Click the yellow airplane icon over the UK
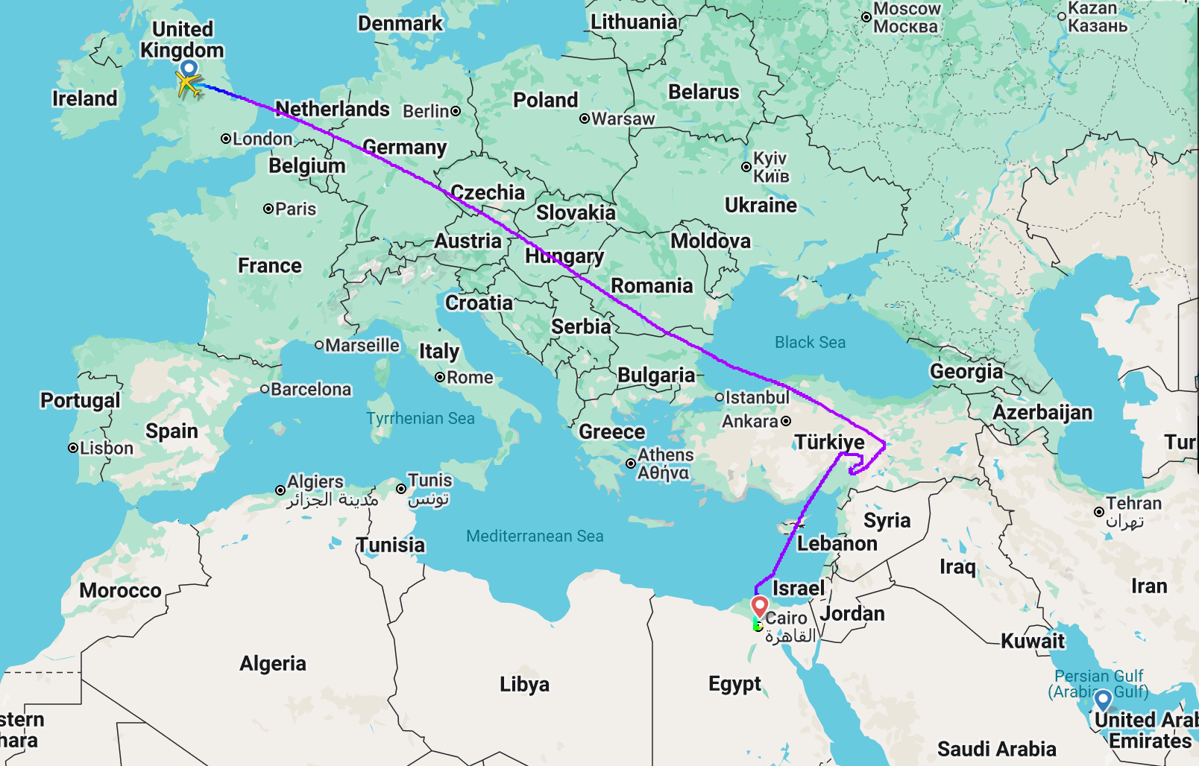189,85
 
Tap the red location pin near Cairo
759,606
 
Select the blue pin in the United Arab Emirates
1103,700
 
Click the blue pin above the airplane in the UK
189,69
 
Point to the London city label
262,139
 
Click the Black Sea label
810,342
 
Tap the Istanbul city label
757,397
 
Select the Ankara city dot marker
785,421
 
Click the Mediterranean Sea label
535,536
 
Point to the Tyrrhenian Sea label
420,418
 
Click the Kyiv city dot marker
746,167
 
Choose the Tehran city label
1133,504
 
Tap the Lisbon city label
106,448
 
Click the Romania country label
652,285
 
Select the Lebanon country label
837,543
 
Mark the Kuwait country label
1032,641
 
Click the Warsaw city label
623,118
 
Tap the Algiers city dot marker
280,490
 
